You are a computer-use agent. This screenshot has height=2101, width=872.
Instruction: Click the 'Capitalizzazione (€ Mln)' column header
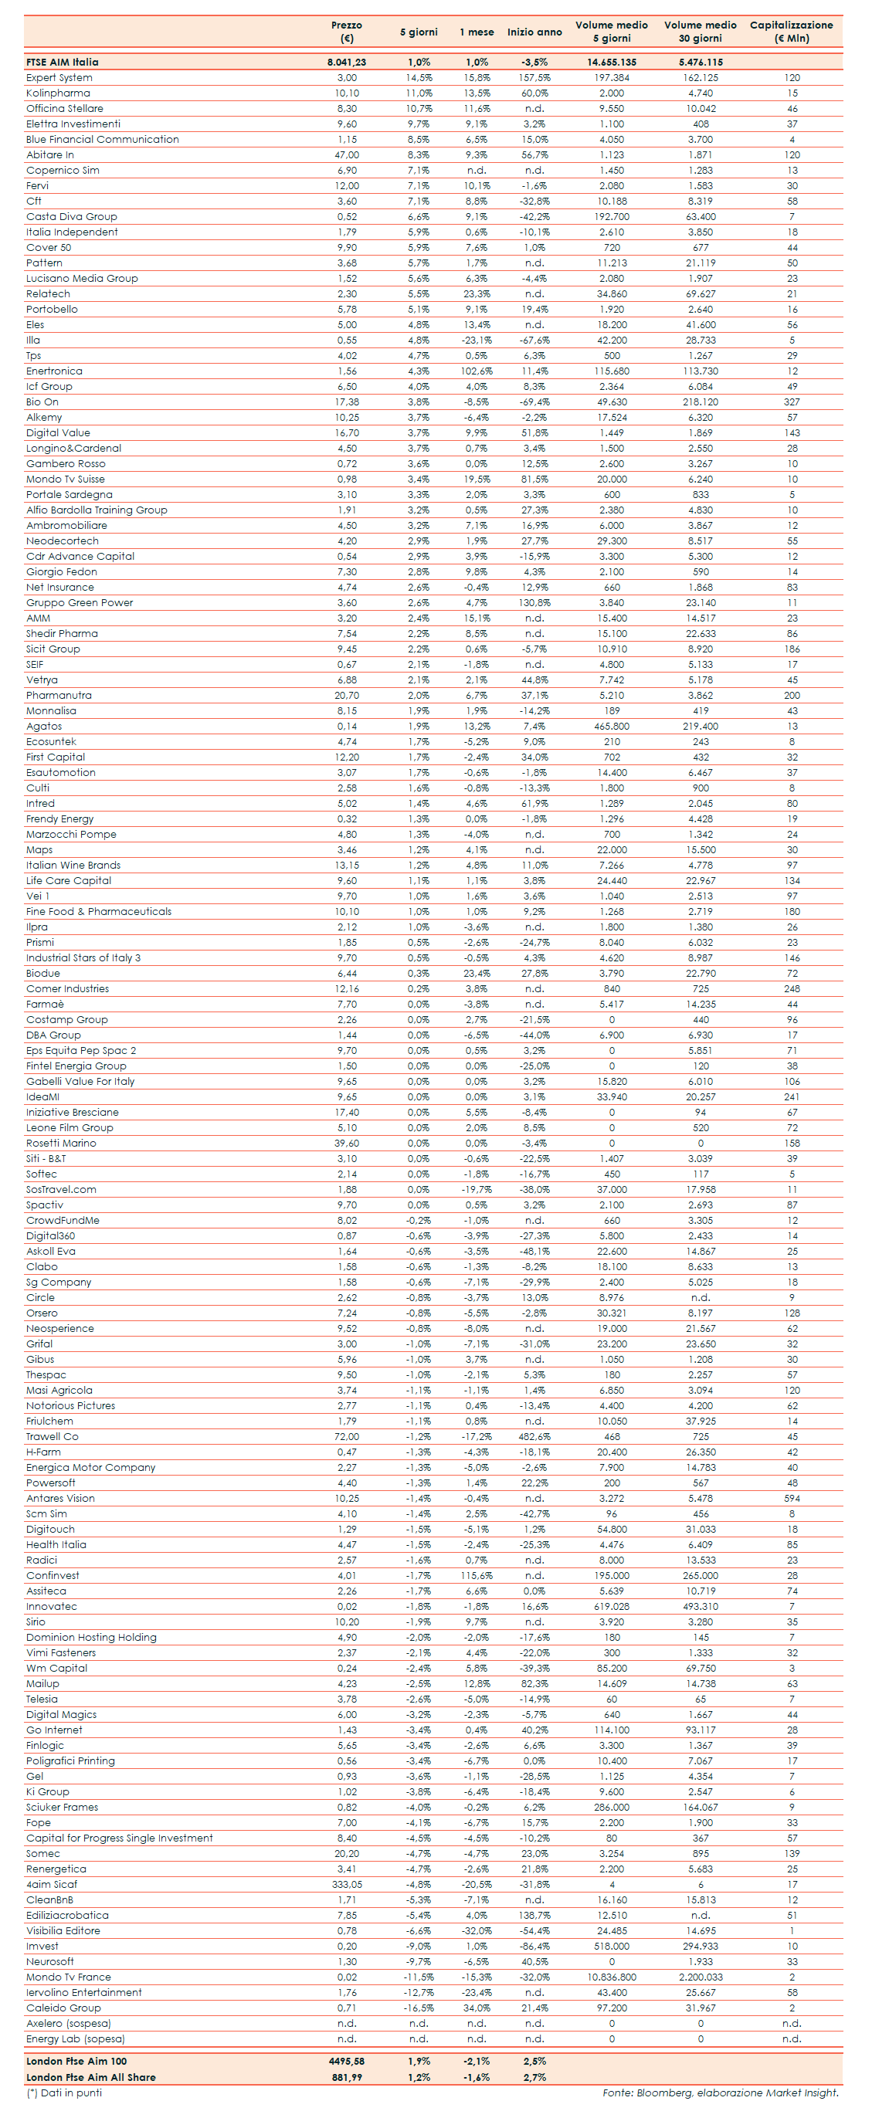[790, 31]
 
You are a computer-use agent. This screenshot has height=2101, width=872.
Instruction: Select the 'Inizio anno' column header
[534, 32]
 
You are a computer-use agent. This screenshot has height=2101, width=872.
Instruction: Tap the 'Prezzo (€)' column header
[347, 31]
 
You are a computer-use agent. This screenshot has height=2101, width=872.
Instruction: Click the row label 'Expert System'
[59, 77]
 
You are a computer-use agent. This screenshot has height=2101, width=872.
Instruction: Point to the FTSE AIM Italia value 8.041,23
[347, 62]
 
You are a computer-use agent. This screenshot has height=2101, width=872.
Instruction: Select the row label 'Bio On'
[42, 402]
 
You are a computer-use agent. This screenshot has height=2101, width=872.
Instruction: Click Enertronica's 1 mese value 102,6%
[477, 371]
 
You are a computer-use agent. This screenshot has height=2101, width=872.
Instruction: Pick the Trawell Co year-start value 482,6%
[534, 1436]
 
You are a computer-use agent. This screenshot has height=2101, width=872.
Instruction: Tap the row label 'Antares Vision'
[60, 1498]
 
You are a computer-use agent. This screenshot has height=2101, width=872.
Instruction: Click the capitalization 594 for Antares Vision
[791, 1498]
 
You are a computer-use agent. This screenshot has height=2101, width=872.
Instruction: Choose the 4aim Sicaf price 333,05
[347, 1884]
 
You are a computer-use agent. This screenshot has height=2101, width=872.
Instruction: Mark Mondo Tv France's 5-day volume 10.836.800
[611, 1977]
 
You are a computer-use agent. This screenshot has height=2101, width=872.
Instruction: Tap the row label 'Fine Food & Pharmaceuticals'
[99, 911]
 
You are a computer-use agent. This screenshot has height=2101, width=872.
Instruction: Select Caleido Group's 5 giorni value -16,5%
[419, 2008]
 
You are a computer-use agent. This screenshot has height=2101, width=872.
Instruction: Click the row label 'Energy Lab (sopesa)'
[75, 2039]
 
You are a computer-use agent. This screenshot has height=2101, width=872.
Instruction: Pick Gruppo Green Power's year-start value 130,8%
[534, 603]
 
